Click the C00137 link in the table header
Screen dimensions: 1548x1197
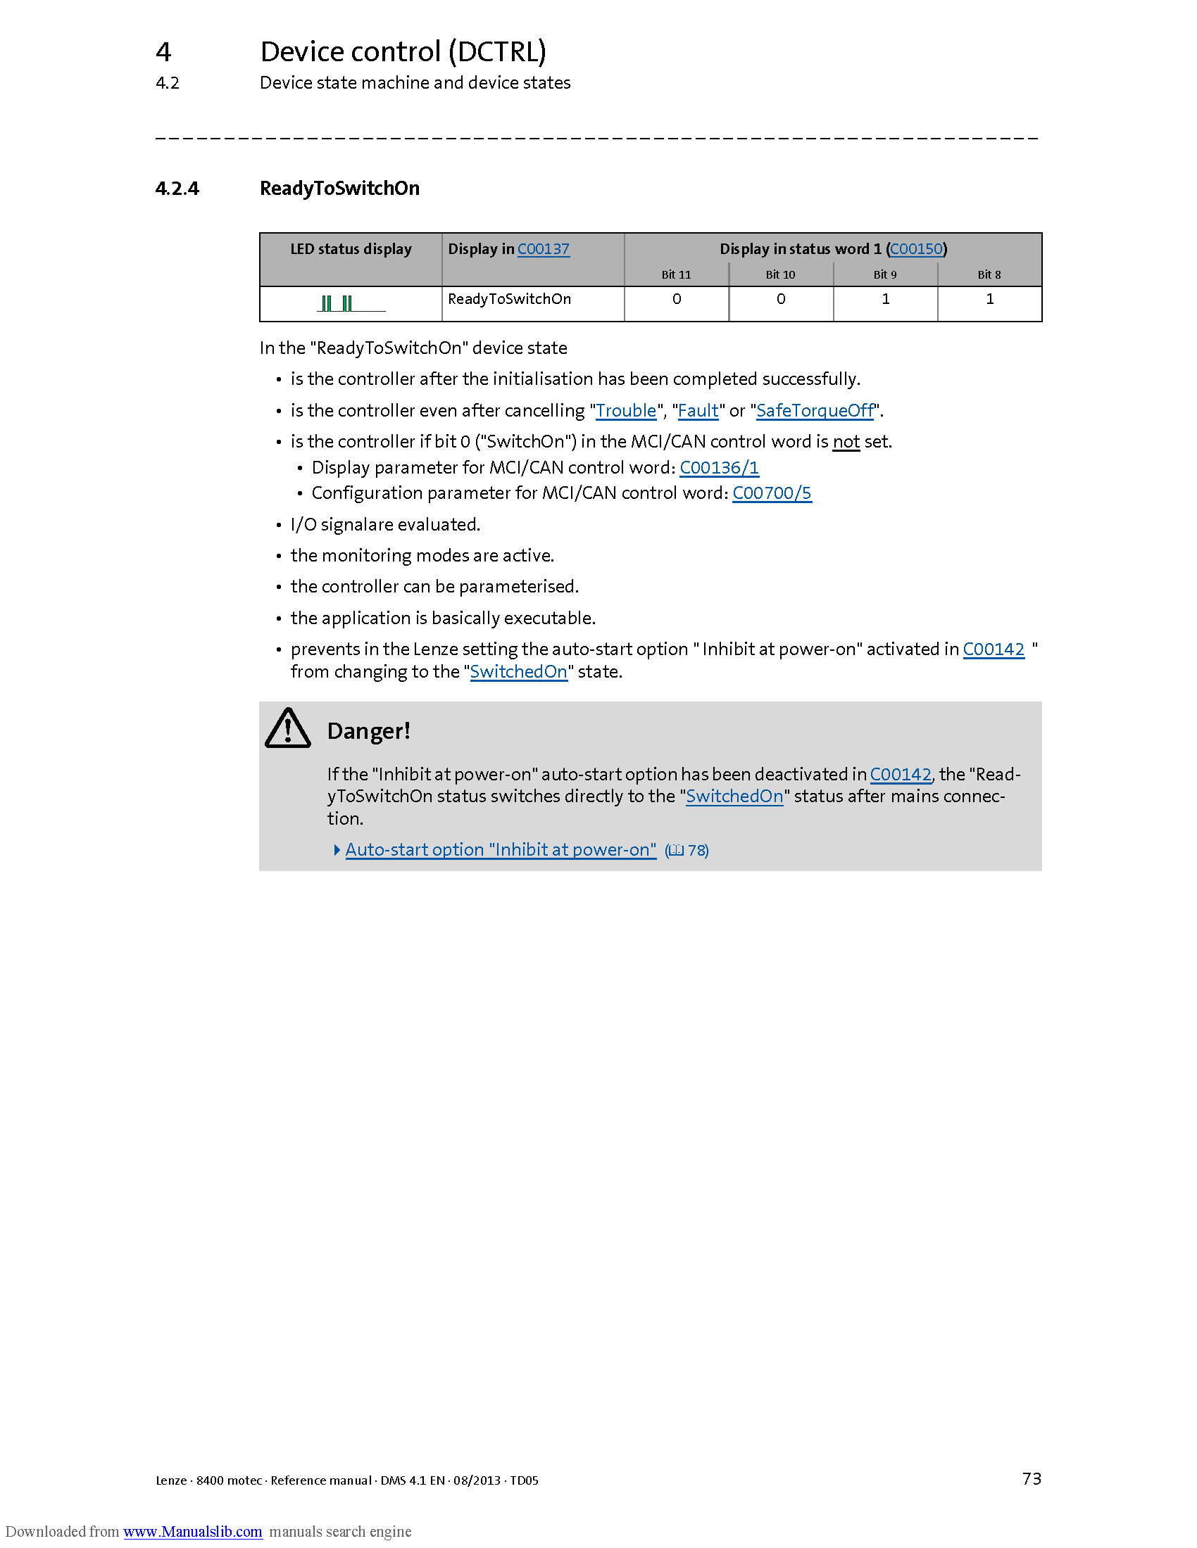(543, 249)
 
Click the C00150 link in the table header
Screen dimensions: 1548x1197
(916, 249)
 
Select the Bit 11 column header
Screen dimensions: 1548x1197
(676, 275)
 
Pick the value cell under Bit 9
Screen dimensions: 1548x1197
(885, 300)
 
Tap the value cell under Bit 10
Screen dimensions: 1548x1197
(781, 300)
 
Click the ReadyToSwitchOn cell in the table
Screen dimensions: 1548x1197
(509, 300)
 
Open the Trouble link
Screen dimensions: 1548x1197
(626, 411)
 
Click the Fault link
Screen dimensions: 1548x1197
(698, 411)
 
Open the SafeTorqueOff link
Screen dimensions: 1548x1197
(815, 411)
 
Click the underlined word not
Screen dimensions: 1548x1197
(846, 443)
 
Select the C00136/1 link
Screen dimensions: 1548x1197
(719, 468)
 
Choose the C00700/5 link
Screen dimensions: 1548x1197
(772, 493)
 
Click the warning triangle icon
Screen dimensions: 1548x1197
(287, 730)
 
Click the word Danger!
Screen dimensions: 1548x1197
(369, 731)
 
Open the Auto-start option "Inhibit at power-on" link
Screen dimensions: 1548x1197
(501, 850)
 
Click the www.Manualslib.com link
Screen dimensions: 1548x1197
(193, 1532)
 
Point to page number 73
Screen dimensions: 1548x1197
(1032, 1478)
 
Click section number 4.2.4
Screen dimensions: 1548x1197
(177, 189)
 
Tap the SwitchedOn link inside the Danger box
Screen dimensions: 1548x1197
(734, 797)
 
